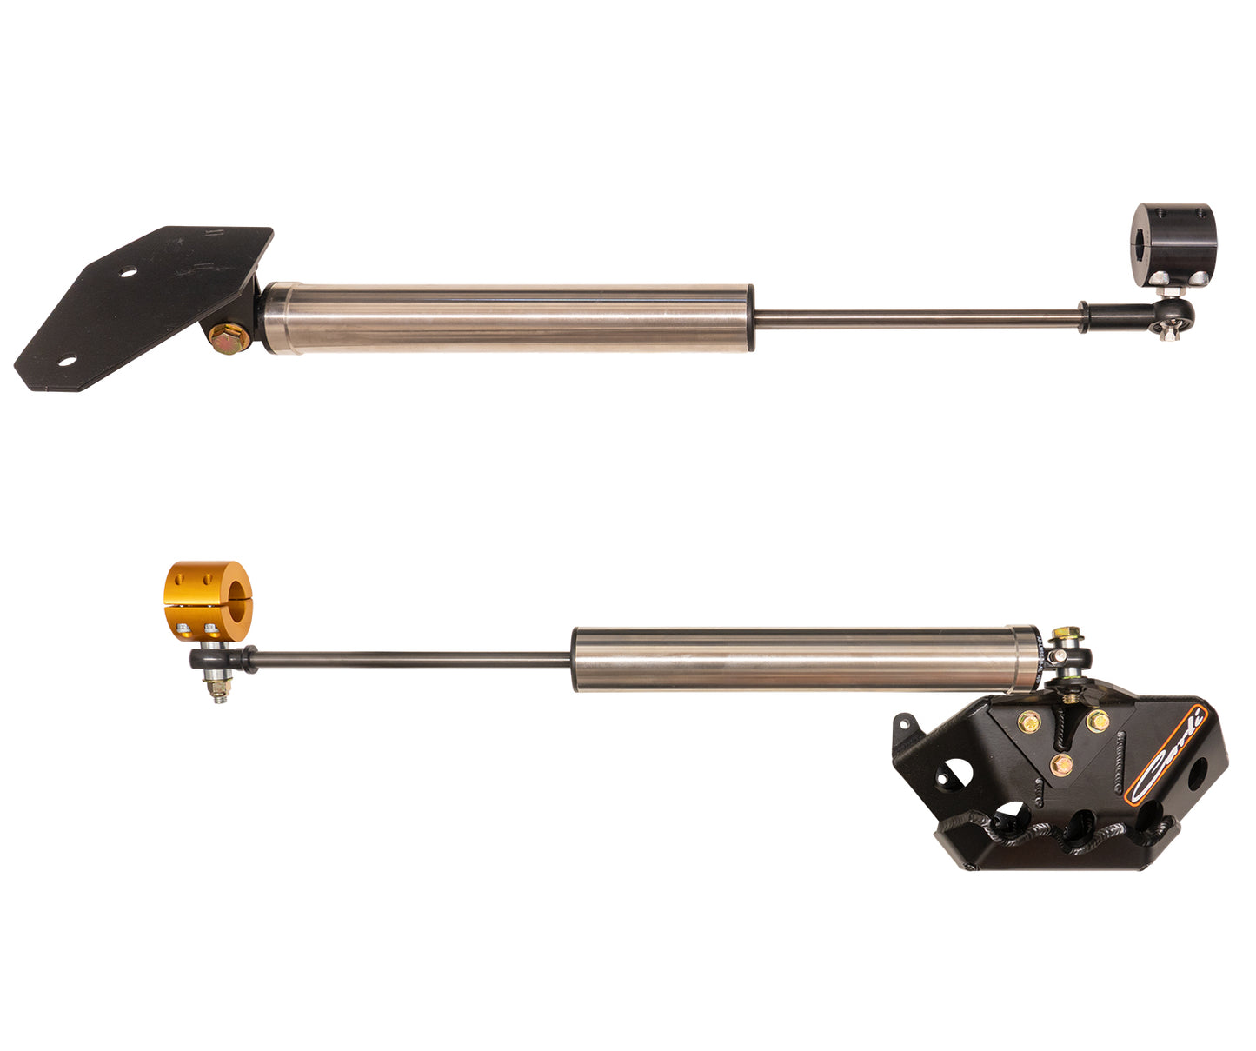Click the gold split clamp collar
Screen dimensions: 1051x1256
pyautogui.click(x=207, y=600)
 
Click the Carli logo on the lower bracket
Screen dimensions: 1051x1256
pyautogui.click(x=1167, y=754)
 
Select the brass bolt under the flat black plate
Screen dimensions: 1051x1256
pyautogui.click(x=229, y=337)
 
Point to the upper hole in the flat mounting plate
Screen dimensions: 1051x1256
pyautogui.click(x=128, y=273)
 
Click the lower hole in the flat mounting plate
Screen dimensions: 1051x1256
pyautogui.click(x=68, y=360)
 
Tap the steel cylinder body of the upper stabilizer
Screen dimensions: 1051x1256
pyautogui.click(x=508, y=318)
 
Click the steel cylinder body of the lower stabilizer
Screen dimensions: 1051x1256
pyautogui.click(x=804, y=659)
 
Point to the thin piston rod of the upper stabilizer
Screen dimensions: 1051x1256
pyautogui.click(x=913, y=319)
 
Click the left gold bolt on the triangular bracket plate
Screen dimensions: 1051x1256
pyautogui.click(x=1029, y=721)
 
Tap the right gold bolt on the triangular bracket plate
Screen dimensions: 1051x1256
pyautogui.click(x=1097, y=721)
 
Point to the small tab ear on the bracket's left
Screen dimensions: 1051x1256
pyautogui.click(x=904, y=723)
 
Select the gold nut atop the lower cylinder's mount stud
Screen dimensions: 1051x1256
pyautogui.click(x=1061, y=634)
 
